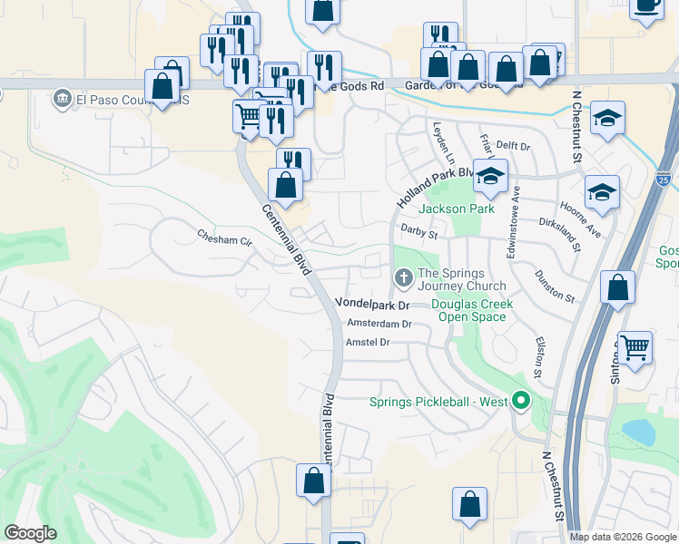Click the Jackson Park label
tap(457, 209)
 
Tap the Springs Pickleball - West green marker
tap(520, 399)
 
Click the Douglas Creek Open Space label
tap(472, 310)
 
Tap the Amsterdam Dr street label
tap(379, 324)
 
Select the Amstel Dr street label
tap(368, 342)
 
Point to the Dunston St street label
tap(556, 285)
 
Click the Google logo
tap(31, 533)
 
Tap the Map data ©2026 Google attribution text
tap(623, 537)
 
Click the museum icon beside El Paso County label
tap(62, 97)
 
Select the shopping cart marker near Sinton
tap(635, 346)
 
